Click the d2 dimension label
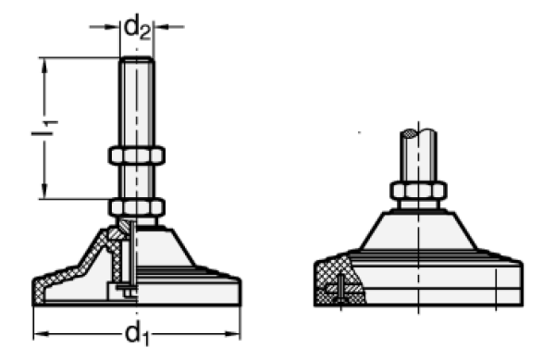coord(137,27)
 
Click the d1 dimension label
coord(137,334)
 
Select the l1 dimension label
coord(44,128)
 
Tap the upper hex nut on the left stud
coord(136,155)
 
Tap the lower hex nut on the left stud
coord(136,207)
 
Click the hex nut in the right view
coord(418,191)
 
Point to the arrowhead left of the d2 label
coord(113,27)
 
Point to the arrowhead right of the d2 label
coord(161,27)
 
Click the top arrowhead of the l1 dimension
coord(44,65)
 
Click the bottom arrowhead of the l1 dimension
coord(44,192)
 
